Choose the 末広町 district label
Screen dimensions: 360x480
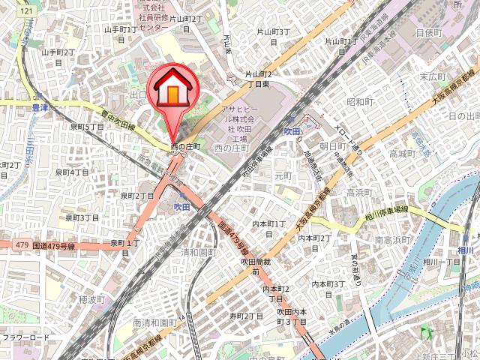[433, 77]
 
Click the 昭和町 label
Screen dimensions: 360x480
[360, 102]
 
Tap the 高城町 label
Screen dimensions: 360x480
[402, 154]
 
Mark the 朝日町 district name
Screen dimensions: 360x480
[331, 146]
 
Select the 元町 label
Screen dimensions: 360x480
[283, 175]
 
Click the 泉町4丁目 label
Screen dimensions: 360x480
[73, 172]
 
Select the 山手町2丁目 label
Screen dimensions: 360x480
[58, 52]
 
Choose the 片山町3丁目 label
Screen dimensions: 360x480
[273, 32]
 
